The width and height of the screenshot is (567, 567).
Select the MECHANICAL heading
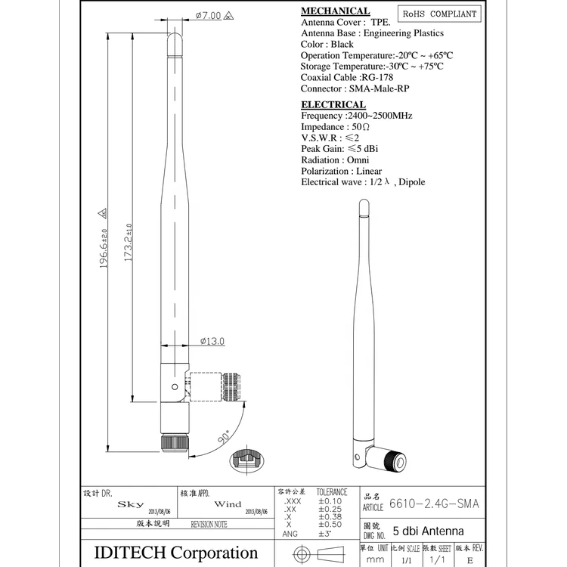pyautogui.click(x=336, y=11)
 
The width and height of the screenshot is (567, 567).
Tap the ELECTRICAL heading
pyautogui.click(x=333, y=104)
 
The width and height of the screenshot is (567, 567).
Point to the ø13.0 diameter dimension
pyautogui.click(x=212, y=341)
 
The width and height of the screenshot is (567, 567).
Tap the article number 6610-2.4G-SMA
pyautogui.click(x=435, y=503)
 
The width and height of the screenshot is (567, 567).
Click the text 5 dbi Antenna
pyautogui.click(x=429, y=531)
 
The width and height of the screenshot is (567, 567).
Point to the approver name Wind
pyautogui.click(x=228, y=503)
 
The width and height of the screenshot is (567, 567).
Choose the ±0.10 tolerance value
pyautogui.click(x=330, y=501)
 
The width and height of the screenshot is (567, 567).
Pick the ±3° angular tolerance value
pyautogui.click(x=326, y=534)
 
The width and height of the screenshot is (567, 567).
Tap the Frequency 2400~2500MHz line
pyautogui.click(x=356, y=116)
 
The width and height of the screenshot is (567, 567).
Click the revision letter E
pyautogui.click(x=469, y=561)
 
